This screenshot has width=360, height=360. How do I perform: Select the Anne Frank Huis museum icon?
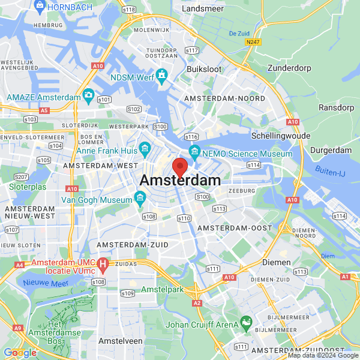click(x=145, y=148)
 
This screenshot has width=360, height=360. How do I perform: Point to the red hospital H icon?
click(x=103, y=263)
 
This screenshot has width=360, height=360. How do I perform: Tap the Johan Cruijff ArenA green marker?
click(x=245, y=323)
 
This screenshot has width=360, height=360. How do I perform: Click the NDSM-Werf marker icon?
click(x=161, y=76)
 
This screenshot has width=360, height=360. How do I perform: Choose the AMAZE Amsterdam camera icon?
click(x=89, y=95)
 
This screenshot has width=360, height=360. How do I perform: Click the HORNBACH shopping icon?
click(x=40, y=7)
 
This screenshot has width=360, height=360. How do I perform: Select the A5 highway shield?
click(x=44, y=110)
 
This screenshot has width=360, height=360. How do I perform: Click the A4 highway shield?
click(x=20, y=265)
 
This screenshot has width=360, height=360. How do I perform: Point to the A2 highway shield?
click(x=197, y=304)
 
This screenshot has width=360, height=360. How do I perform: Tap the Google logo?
click(x=20, y=352)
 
